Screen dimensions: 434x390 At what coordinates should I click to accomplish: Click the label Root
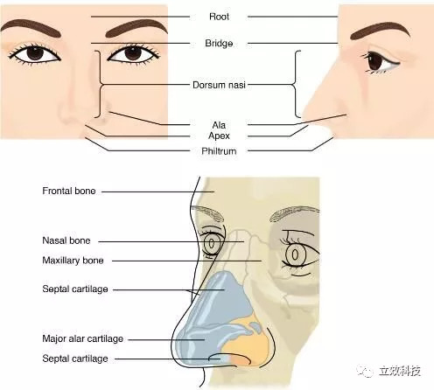(219, 17)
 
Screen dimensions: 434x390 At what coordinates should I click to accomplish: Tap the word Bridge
(219, 44)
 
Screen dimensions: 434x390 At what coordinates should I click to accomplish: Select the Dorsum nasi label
(219, 85)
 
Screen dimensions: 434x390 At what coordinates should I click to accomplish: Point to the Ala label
(219, 125)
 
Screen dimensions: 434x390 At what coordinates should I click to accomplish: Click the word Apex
(219, 136)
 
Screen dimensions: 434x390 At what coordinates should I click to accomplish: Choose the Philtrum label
(219, 151)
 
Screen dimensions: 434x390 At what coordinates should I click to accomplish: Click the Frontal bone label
(69, 192)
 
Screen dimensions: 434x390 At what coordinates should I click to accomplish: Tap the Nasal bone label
(66, 240)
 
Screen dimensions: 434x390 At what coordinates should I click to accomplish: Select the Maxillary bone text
(73, 261)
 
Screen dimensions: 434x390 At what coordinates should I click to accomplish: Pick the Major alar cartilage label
(83, 338)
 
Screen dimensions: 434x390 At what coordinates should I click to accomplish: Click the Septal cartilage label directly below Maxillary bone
(75, 289)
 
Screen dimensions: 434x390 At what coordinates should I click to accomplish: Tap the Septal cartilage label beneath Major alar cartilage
(75, 359)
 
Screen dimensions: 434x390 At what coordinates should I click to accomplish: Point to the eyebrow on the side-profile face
(380, 31)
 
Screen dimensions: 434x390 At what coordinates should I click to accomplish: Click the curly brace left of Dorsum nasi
(101, 85)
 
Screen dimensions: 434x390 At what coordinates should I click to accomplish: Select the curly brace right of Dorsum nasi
(296, 85)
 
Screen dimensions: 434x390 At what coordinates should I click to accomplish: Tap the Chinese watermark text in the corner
(400, 371)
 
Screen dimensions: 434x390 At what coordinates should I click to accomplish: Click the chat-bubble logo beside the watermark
(364, 370)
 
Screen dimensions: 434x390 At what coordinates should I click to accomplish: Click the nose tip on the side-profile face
(304, 115)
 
